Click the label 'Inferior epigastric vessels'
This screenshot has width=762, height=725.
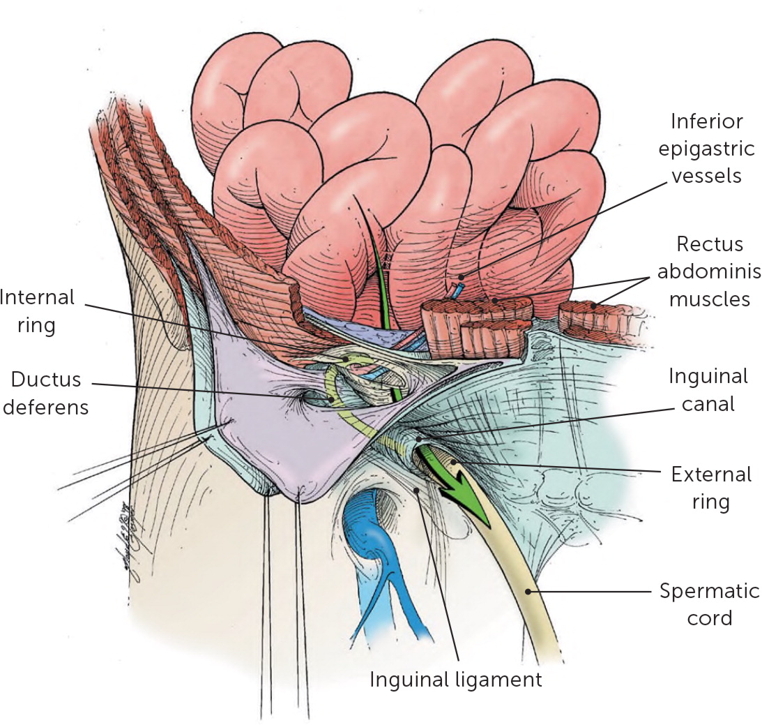pyautogui.click(x=707, y=148)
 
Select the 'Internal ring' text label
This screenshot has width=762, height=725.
pyautogui.click(x=38, y=311)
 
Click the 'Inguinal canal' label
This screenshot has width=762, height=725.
pyautogui.click(x=708, y=390)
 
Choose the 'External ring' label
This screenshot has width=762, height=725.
pyautogui.click(x=711, y=488)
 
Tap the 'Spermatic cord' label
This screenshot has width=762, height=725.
pyautogui.click(x=710, y=604)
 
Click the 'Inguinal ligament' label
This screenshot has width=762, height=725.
pyautogui.click(x=455, y=680)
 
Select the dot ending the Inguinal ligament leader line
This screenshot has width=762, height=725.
pyautogui.click(x=417, y=491)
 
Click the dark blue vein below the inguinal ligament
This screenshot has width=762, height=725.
pyautogui.click(x=380, y=530)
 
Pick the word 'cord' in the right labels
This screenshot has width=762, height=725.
pyautogui.click(x=710, y=618)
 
